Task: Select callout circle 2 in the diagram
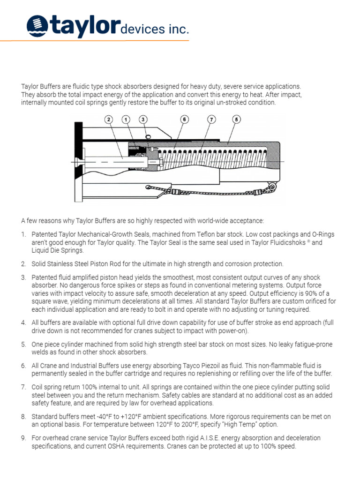pos(109,120)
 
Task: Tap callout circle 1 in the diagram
pos(126,120)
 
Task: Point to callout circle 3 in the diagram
pos(143,120)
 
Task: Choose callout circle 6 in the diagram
pos(185,120)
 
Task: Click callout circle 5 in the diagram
pos(237,120)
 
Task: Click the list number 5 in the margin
pos(23,345)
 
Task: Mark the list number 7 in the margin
pos(23,387)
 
